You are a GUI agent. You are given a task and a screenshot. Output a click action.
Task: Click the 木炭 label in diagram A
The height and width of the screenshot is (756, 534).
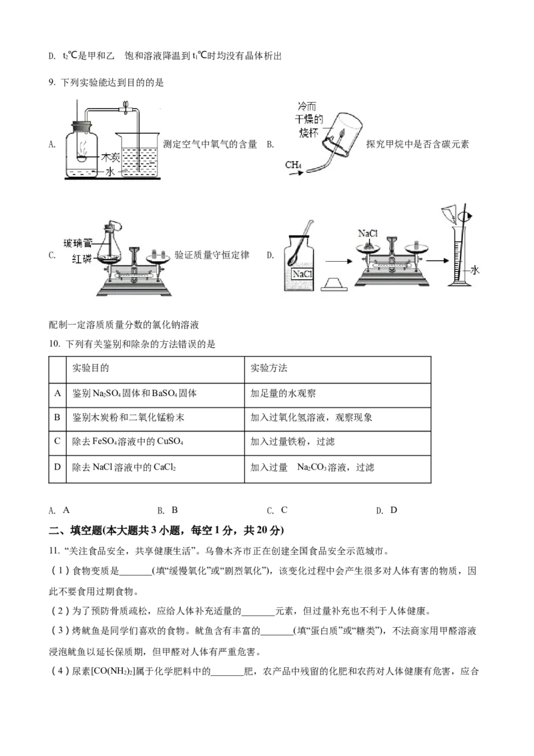[110, 157]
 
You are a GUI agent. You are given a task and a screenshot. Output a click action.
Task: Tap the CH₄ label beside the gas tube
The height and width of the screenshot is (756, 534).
[293, 165]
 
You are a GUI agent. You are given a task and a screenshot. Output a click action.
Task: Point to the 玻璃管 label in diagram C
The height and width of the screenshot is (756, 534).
[77, 243]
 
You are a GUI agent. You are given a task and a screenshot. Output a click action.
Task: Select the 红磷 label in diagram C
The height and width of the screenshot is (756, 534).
[81, 258]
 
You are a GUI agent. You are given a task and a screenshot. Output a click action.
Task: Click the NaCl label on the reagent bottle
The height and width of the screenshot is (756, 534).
[302, 274]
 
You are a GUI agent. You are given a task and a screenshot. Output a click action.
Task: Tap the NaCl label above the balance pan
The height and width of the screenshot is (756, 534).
[368, 233]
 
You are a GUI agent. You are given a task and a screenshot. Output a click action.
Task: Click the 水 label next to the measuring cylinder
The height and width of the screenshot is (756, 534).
[475, 270]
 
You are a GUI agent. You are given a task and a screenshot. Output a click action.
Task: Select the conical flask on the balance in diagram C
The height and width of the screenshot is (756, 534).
[110, 246]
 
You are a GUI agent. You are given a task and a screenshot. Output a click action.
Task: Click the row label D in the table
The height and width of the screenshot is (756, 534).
[57, 467]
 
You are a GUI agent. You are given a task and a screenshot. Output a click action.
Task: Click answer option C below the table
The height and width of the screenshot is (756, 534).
[277, 510]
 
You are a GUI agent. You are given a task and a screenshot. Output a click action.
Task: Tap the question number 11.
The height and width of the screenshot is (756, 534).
[53, 551]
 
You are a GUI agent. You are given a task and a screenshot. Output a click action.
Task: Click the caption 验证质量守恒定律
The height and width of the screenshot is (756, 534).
[212, 255]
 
